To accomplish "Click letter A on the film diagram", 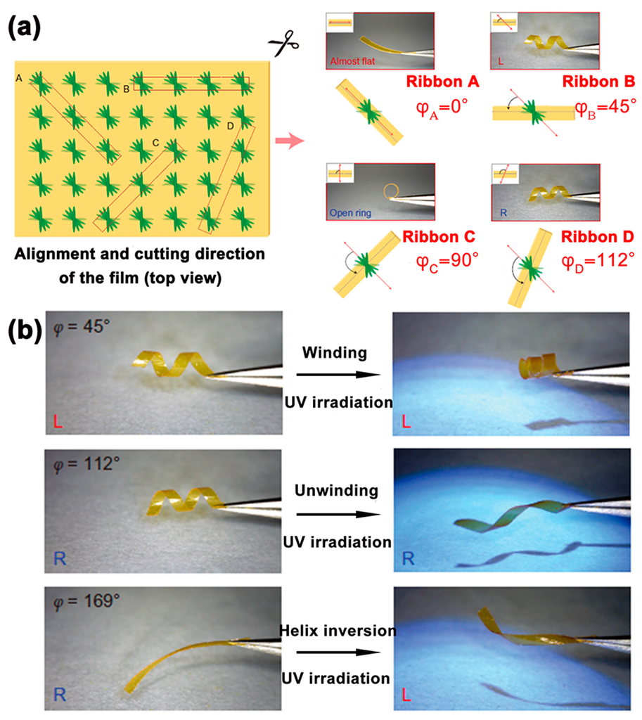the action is click(19, 78).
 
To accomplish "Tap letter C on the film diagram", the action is click(155, 142).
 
